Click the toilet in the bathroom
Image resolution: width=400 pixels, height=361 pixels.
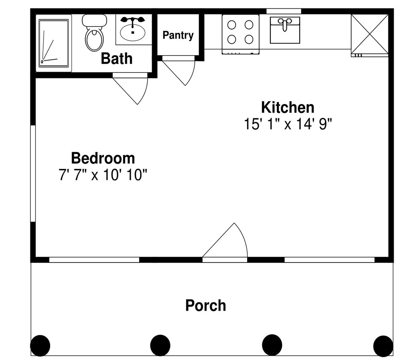tap(94, 33)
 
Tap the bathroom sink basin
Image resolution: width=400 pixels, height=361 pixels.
tap(133, 32)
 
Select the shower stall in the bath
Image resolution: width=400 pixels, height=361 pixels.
tap(54, 43)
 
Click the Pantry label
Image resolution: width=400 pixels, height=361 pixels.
tap(178, 35)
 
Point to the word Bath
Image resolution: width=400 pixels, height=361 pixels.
tap(116, 58)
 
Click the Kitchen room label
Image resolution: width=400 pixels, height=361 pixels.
tap(288, 107)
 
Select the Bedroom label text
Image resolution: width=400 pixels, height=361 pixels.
tap(103, 158)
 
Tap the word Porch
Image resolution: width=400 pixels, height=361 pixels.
tap(206, 305)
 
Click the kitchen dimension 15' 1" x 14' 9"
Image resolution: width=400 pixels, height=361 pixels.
tap(288, 124)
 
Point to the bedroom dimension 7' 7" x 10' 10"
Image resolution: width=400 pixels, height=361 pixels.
tap(103, 175)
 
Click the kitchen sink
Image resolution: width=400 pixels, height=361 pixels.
tap(285, 30)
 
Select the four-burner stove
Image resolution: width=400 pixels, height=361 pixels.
tap(240, 34)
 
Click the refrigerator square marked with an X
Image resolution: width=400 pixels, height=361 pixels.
tap(370, 35)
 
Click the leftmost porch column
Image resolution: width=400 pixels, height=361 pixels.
tap(40, 346)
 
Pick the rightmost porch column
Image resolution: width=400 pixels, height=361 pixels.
tap(383, 346)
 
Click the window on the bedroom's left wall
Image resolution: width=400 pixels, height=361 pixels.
tap(33, 174)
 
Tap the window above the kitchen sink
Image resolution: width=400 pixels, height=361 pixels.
tap(284, 11)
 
